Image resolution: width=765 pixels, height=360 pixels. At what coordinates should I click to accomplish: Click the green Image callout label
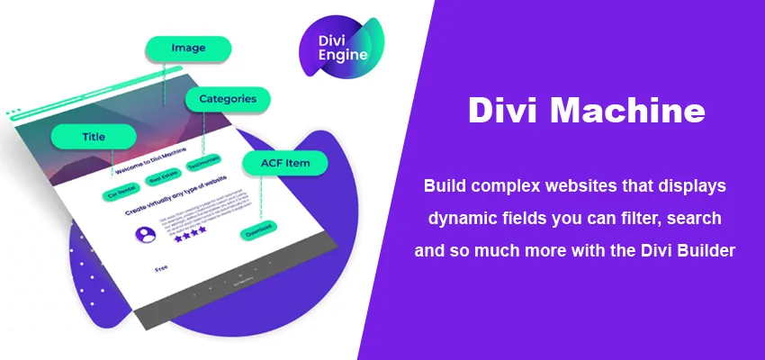188,49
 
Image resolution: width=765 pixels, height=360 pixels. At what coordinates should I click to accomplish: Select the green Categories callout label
228,99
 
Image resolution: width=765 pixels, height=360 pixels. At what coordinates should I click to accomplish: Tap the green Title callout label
94,137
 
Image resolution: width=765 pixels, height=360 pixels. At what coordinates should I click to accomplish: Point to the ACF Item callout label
284,163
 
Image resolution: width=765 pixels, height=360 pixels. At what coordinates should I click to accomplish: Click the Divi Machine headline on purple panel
586,111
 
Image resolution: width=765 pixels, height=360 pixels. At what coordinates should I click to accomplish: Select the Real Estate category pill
165,181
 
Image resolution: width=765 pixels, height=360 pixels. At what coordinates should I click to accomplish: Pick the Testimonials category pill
205,170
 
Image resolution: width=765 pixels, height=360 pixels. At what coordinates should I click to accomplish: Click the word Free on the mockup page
161,267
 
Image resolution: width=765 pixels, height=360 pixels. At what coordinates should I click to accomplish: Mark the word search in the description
691,219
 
